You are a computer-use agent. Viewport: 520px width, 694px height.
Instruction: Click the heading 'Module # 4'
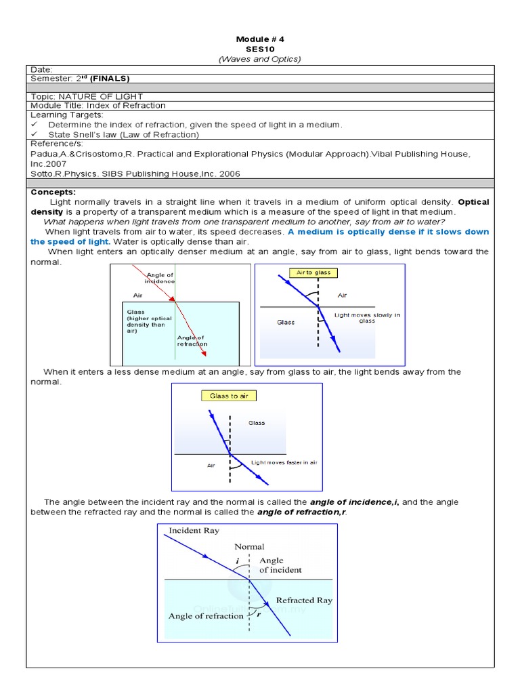tap(260, 39)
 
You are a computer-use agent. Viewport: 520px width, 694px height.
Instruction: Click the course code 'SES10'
tap(260, 49)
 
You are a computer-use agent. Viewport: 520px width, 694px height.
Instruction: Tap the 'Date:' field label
tap(42, 69)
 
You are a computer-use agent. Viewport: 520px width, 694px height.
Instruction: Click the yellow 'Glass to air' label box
tap(228, 396)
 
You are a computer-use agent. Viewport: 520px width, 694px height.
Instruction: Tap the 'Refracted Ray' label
tap(304, 600)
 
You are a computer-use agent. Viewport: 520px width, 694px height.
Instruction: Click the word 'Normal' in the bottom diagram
tap(249, 546)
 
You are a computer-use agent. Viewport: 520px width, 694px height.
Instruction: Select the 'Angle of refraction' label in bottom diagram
tap(206, 616)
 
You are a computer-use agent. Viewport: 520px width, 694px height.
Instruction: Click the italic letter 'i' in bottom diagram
tap(238, 561)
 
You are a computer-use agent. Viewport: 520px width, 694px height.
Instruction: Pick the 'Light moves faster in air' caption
tap(284, 462)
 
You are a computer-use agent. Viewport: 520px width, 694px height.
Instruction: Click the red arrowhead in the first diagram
tap(204, 352)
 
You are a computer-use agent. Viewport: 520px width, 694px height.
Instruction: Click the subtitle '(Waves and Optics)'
tap(260, 59)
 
